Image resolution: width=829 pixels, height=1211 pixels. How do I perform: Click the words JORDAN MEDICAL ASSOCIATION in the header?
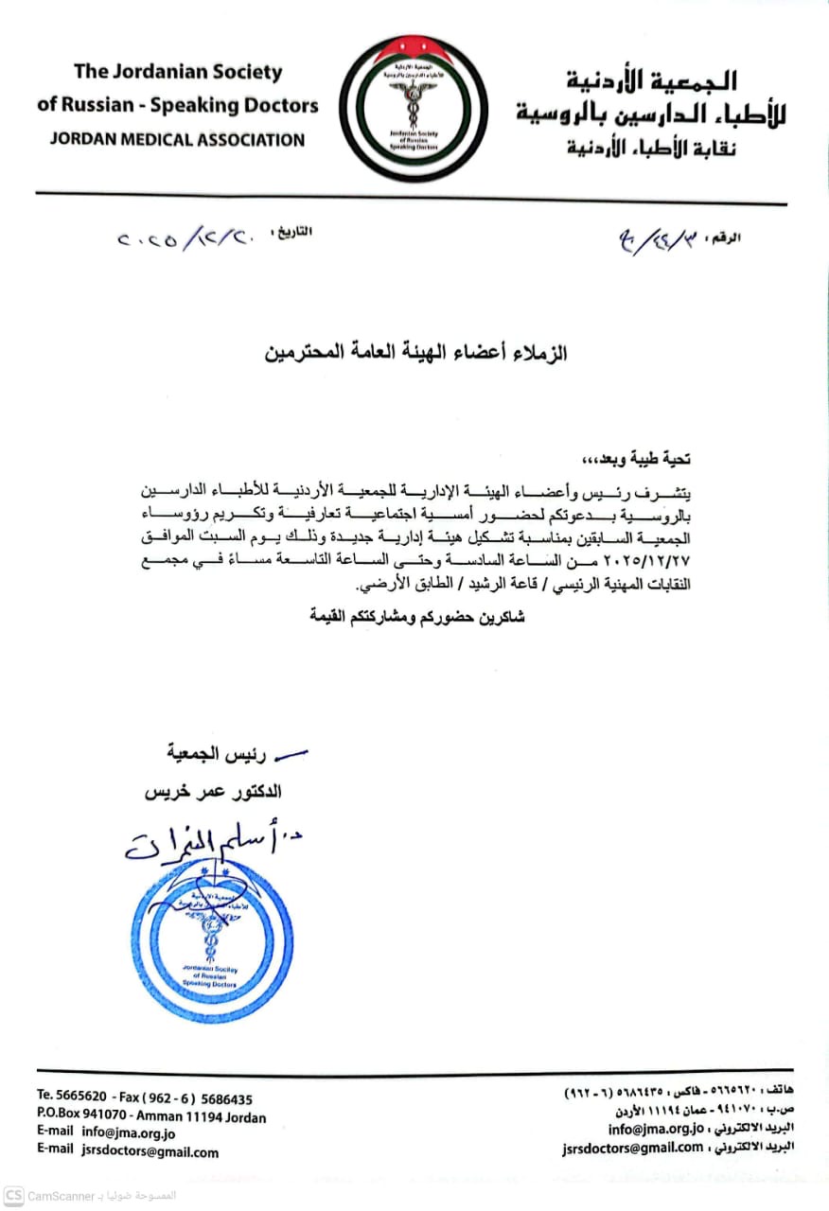tap(176, 140)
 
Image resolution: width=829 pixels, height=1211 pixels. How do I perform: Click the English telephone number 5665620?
tap(85, 1099)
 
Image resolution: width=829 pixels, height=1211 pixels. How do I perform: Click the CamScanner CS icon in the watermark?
tap(13, 1197)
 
